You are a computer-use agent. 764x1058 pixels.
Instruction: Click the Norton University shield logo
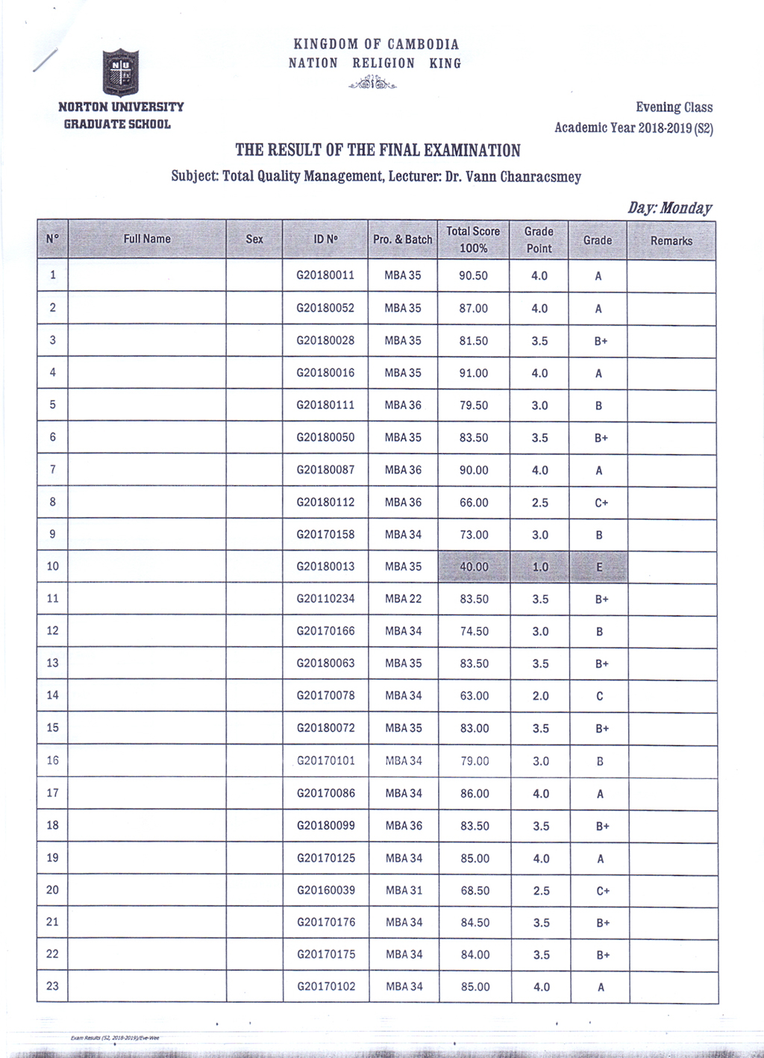click(120, 72)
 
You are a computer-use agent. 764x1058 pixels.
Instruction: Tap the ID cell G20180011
click(325, 275)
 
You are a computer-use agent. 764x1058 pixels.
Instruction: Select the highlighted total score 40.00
click(474, 567)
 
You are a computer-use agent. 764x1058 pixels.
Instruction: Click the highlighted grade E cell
click(598, 567)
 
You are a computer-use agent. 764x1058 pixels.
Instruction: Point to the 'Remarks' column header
click(671, 241)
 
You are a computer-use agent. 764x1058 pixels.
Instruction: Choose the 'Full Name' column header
click(147, 240)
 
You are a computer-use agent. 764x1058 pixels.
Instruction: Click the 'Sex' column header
click(254, 240)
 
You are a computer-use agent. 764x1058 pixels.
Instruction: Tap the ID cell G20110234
click(325, 598)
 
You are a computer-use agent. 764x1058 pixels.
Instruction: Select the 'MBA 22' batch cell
click(403, 598)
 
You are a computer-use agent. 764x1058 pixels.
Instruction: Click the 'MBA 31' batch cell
click(404, 890)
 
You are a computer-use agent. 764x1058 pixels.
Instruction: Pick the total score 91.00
click(474, 373)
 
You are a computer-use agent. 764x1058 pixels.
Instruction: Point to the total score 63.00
click(475, 696)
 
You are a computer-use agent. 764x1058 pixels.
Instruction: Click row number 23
click(52, 986)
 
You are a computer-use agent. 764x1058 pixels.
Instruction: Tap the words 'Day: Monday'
click(669, 208)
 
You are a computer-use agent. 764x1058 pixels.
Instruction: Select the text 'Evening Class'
click(674, 107)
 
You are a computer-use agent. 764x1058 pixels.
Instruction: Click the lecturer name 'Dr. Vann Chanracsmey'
click(513, 178)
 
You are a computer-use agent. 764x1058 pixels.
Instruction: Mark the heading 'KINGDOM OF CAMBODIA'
click(376, 45)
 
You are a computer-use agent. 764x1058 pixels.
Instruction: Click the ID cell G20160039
click(326, 890)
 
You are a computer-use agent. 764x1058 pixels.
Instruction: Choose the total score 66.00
click(474, 503)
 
